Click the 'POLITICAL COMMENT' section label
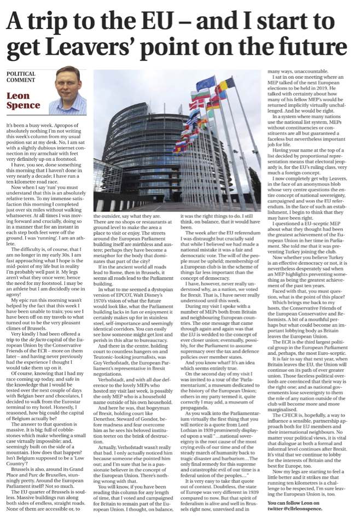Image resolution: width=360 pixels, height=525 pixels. tap(21, 77)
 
